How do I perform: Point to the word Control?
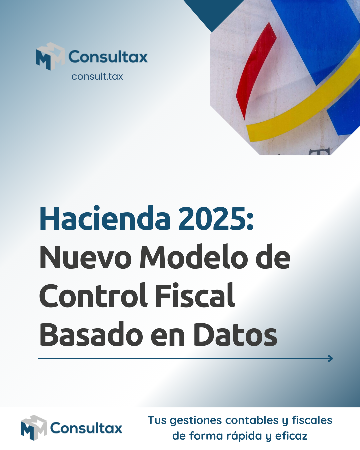pos(93,296)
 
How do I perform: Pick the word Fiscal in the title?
pos(195,296)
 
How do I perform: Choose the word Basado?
pos(91,335)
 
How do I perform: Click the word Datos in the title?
pos(235,335)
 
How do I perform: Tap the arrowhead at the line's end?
pos(330,359)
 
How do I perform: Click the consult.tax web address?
pos(97,77)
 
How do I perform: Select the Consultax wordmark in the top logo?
pos(108,57)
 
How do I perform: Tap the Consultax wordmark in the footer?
pos(86,428)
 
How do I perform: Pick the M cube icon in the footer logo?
pos(34,428)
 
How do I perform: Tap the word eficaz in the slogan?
pos(291,436)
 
